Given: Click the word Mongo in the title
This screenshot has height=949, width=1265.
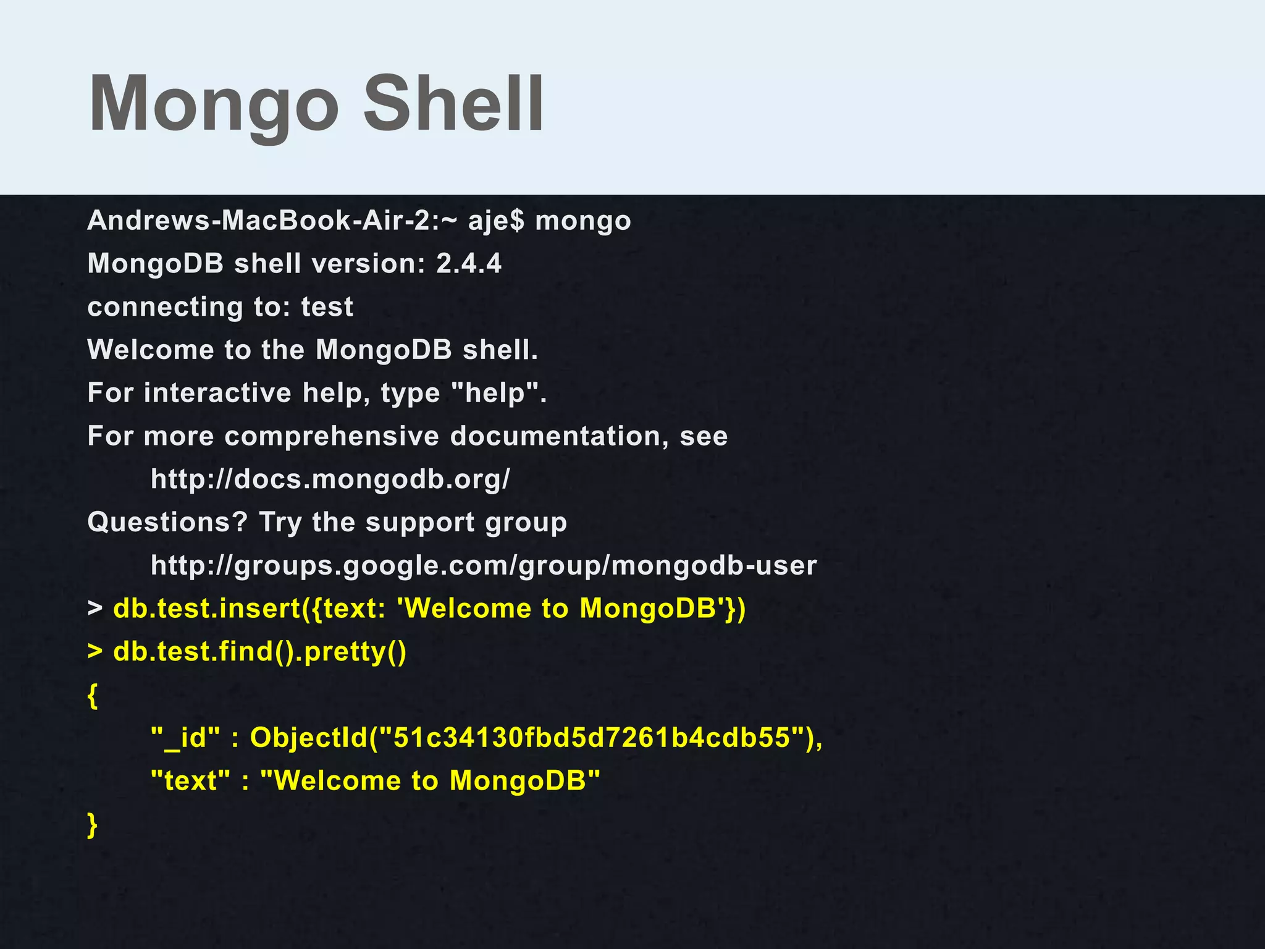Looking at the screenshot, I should click(x=213, y=104).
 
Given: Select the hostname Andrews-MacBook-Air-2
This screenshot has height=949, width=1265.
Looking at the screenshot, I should click(x=263, y=221).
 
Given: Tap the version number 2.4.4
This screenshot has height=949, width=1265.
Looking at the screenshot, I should click(x=469, y=264).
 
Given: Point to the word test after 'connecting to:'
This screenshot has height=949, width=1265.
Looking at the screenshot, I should click(x=327, y=307).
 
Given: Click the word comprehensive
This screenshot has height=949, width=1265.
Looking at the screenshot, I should click(x=332, y=436).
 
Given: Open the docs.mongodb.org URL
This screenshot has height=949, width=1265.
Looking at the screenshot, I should click(x=330, y=479).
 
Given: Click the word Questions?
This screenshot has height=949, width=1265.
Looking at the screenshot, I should click(x=167, y=522).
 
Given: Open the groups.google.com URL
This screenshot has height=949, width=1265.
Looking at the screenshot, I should click(x=484, y=565).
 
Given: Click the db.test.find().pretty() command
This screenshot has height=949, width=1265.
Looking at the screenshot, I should click(x=259, y=652).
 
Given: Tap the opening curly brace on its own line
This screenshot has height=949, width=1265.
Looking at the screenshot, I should click(x=93, y=696).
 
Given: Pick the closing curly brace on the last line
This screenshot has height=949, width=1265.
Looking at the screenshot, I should click(x=93, y=825).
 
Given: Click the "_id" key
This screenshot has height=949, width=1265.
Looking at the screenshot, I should click(x=185, y=738).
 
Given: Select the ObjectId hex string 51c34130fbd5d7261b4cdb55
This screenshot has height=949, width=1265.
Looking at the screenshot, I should click(x=592, y=738).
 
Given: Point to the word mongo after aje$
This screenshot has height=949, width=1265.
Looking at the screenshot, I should click(x=582, y=221).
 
